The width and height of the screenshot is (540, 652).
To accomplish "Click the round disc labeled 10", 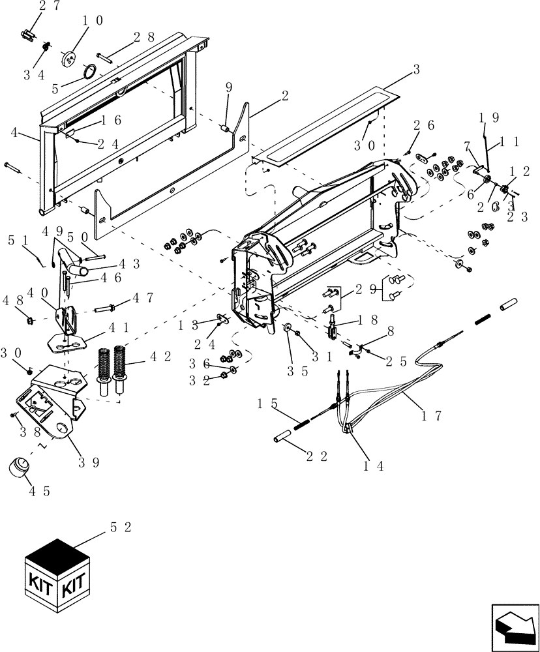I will coord(68,59).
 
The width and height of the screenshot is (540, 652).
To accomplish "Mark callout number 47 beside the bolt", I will coord(143,298).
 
